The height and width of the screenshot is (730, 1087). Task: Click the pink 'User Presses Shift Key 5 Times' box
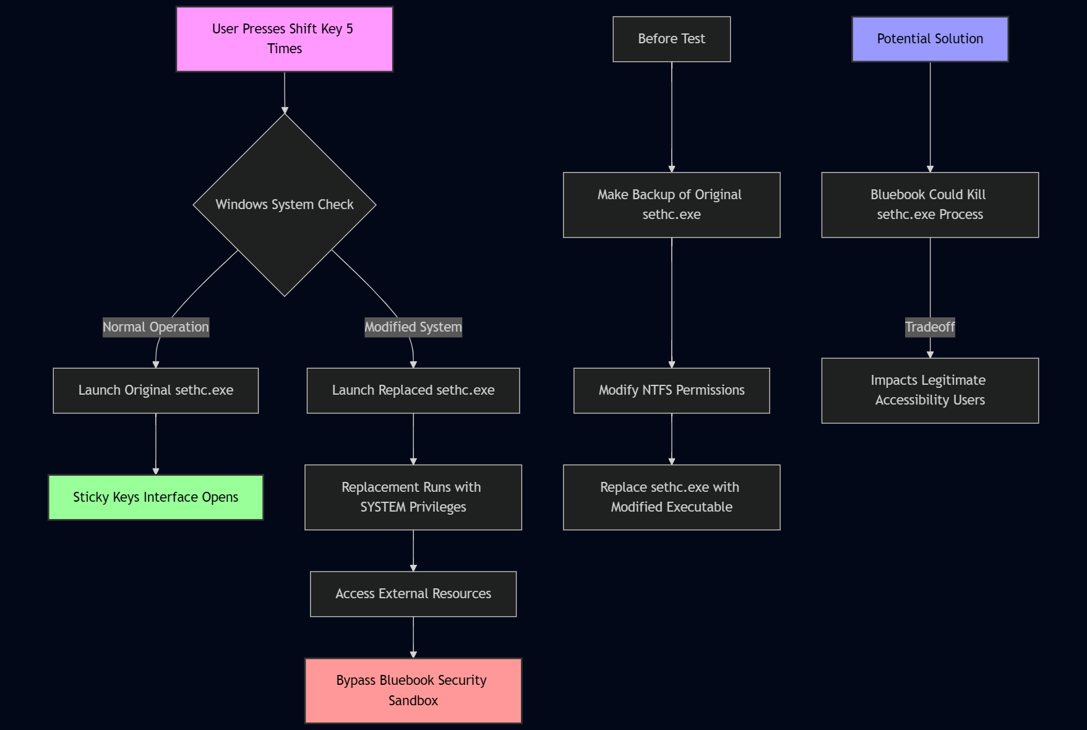tap(285, 39)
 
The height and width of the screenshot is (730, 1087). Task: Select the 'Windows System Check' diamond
tap(285, 205)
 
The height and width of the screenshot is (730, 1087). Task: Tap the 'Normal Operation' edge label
tap(156, 327)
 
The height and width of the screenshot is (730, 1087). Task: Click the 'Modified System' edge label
tap(413, 327)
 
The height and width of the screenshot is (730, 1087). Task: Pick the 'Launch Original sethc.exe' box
tap(156, 390)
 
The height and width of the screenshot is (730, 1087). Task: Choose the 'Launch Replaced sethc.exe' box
tap(413, 390)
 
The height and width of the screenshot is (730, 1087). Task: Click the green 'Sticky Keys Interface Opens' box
tap(156, 497)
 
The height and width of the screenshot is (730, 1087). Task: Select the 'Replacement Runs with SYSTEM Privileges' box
tap(413, 497)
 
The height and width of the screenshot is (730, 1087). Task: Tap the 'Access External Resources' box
tap(413, 594)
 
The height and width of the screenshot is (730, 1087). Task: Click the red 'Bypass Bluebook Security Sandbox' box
tap(413, 690)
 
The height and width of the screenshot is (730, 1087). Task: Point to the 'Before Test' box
tap(672, 39)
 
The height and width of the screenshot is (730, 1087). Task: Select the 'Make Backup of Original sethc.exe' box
tap(672, 205)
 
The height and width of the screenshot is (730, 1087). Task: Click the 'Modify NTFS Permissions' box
tap(672, 390)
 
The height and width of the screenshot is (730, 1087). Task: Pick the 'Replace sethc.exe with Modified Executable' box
tap(672, 497)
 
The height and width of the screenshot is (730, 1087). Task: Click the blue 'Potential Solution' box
tap(930, 39)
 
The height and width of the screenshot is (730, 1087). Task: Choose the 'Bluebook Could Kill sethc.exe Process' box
tap(930, 205)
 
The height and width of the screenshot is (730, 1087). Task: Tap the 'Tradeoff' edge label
tap(930, 327)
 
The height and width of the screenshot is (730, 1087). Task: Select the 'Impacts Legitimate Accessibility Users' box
tap(930, 390)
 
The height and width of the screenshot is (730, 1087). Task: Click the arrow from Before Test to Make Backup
tap(672, 118)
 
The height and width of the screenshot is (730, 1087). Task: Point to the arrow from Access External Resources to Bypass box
tap(413, 637)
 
